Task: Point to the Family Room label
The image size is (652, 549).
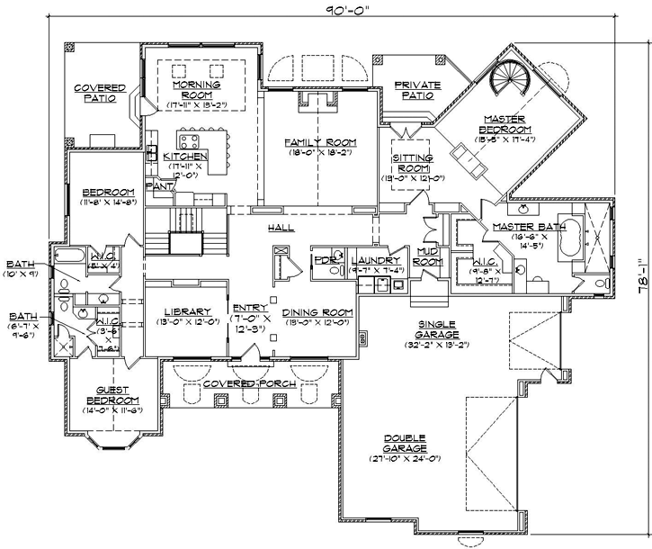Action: (x=321, y=142)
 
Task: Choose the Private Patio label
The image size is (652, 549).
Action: (x=418, y=91)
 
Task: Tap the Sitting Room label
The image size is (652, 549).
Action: (x=415, y=163)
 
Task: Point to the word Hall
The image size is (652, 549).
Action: (x=281, y=229)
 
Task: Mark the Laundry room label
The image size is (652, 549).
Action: (x=369, y=259)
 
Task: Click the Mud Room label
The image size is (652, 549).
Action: (x=428, y=256)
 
